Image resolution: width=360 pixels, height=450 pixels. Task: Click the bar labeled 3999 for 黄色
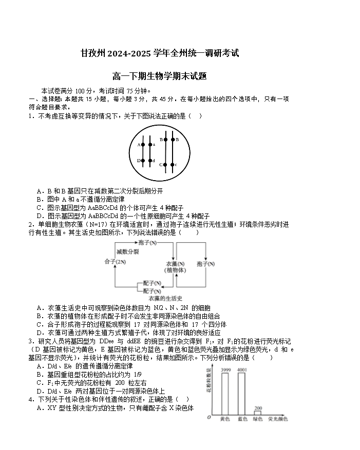click(225, 394)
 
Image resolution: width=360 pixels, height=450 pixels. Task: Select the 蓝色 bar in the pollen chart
click(242, 394)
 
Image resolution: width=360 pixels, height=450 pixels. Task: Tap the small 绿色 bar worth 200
click(258, 412)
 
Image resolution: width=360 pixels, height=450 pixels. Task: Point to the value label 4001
click(242, 370)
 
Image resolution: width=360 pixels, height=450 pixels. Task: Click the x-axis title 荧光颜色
click(278, 419)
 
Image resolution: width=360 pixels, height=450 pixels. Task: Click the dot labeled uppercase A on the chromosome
click(143, 145)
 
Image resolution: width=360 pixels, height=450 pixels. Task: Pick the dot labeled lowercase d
click(150, 161)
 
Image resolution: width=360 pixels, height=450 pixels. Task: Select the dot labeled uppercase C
click(165, 165)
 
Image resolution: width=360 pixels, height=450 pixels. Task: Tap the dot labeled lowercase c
click(172, 165)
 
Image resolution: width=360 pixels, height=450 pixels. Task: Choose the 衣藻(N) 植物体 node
click(175, 266)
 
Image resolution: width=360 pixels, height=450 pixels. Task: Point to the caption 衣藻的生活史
click(165, 298)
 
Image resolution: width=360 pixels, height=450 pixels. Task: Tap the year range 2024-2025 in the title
click(128, 53)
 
